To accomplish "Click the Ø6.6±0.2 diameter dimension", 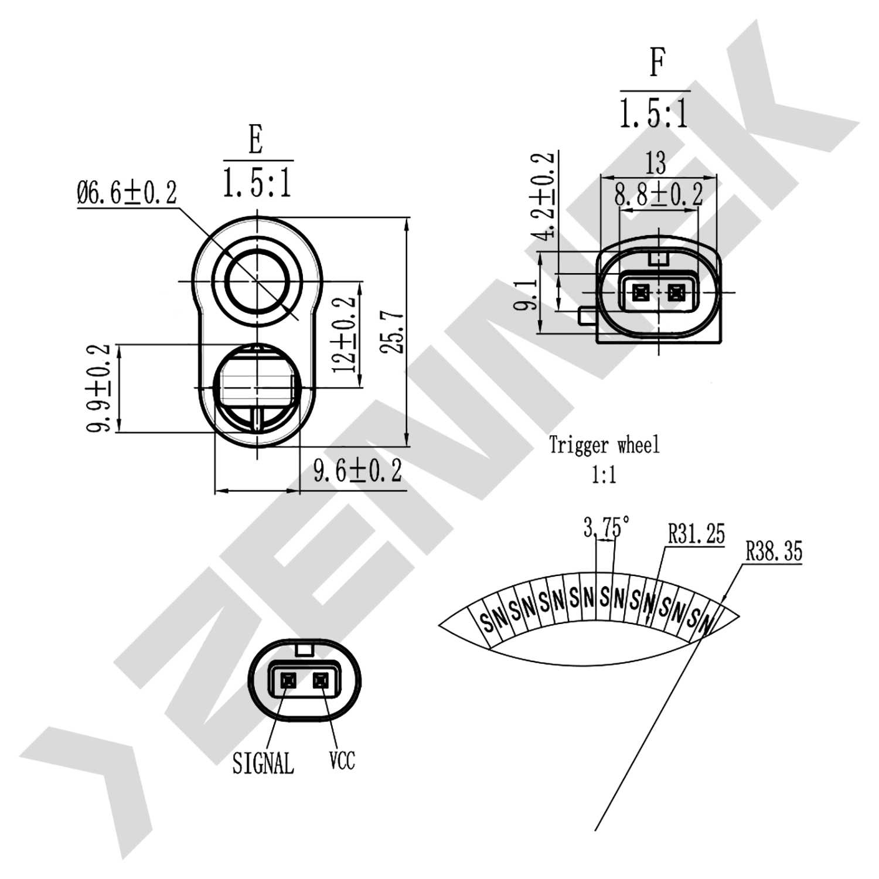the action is click(x=127, y=193).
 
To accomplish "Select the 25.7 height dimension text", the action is click(x=393, y=331).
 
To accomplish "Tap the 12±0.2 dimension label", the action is click(x=344, y=335).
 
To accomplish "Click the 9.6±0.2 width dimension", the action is click(x=358, y=471).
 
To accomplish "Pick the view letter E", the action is click(x=255, y=140).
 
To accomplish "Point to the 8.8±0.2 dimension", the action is click(x=659, y=194).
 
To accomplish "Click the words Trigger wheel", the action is click(x=604, y=445).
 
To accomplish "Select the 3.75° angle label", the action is click(x=607, y=527).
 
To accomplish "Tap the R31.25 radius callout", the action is click(x=696, y=534).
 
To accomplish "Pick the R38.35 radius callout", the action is click(x=774, y=551).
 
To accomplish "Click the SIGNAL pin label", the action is click(x=263, y=763).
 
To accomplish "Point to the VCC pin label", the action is click(x=342, y=761).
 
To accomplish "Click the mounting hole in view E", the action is click(x=256, y=282).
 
